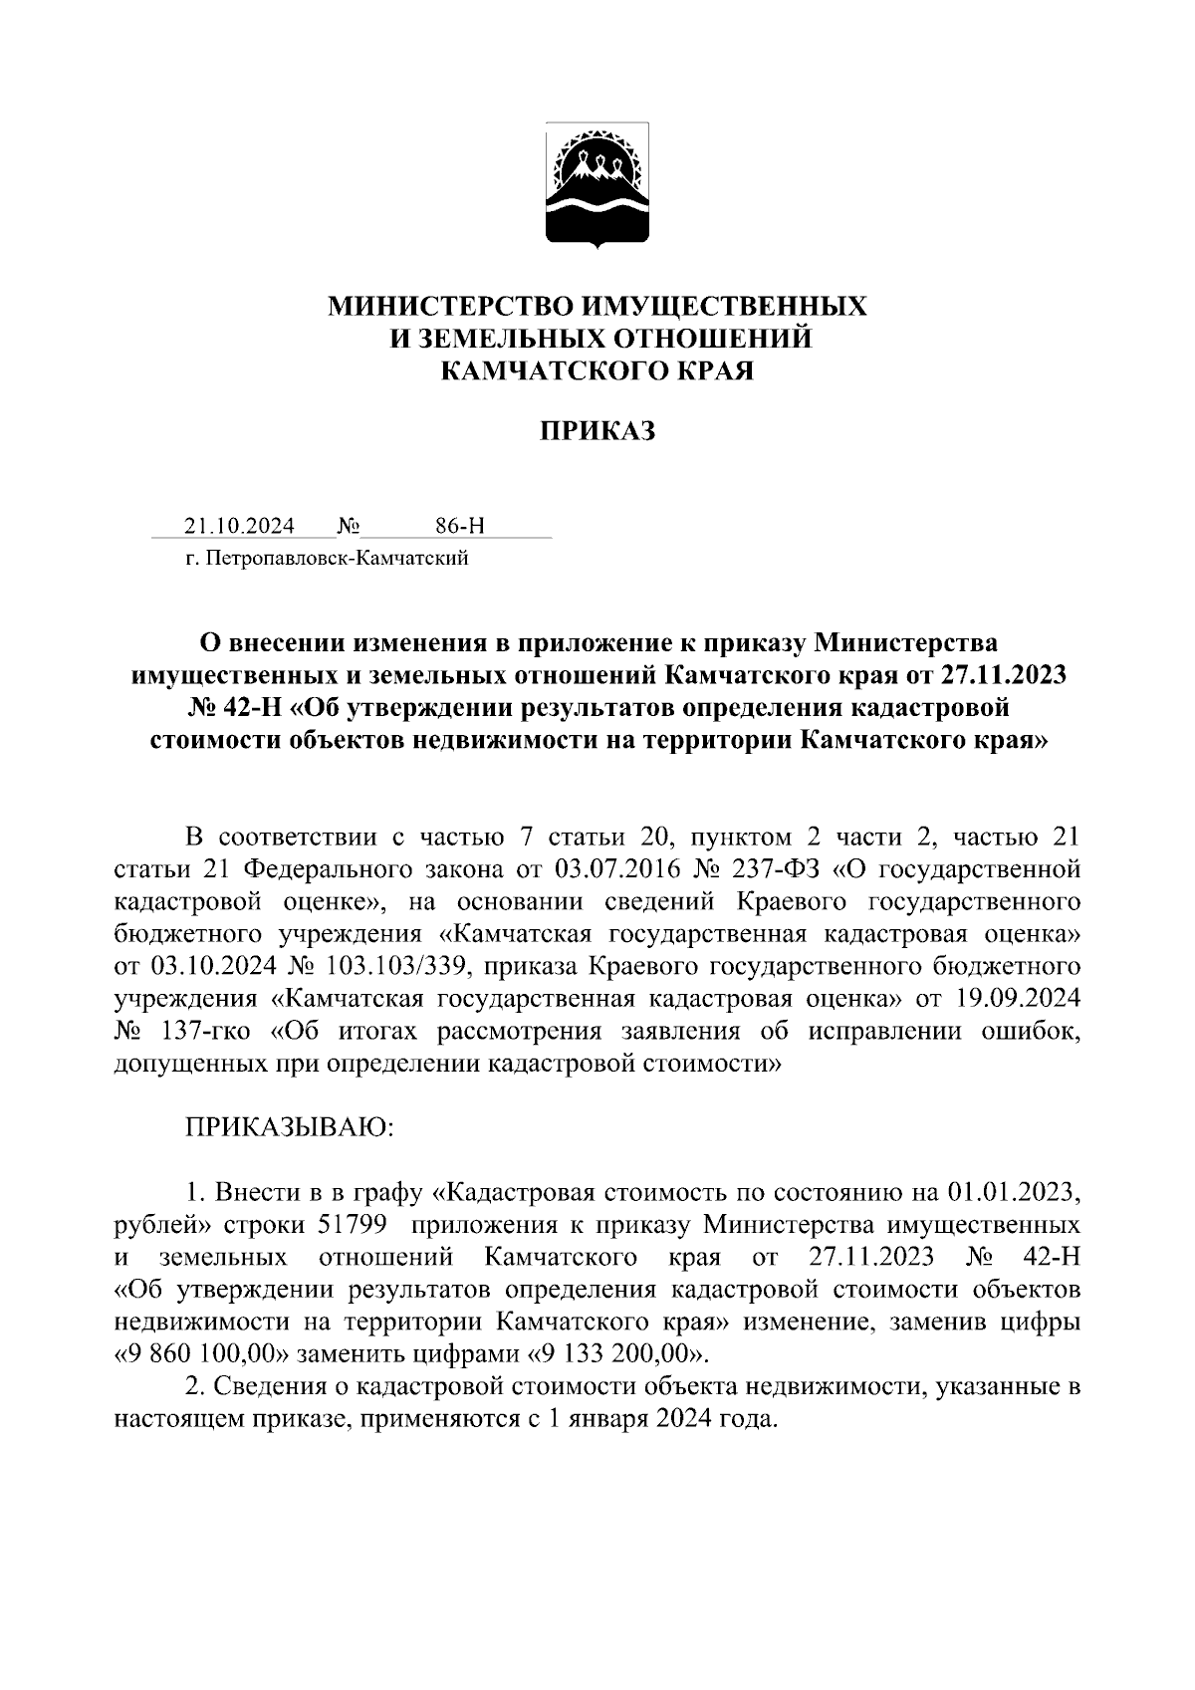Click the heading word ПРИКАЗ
(597, 431)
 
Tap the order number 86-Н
(460, 526)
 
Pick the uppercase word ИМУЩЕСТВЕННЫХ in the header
(725, 306)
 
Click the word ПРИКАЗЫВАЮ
(290, 1127)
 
